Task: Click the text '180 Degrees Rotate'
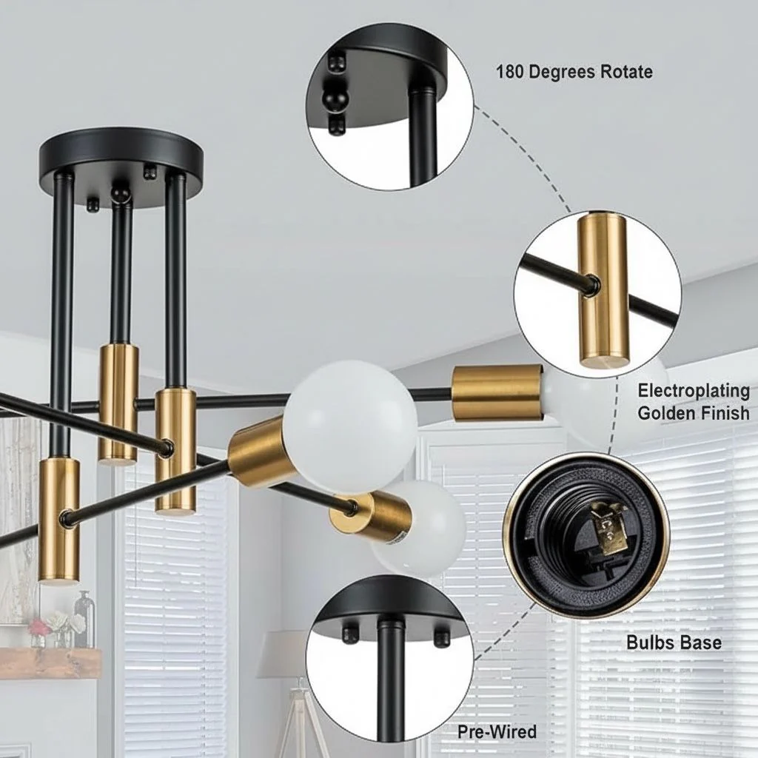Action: (574, 72)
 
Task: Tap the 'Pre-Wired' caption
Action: (497, 731)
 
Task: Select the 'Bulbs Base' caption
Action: (674, 643)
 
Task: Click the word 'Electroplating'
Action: (694, 391)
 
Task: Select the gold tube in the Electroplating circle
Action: (605, 289)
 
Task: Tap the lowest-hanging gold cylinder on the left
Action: (59, 521)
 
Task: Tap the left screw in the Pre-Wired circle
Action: (349, 635)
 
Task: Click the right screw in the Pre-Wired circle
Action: (441, 637)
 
